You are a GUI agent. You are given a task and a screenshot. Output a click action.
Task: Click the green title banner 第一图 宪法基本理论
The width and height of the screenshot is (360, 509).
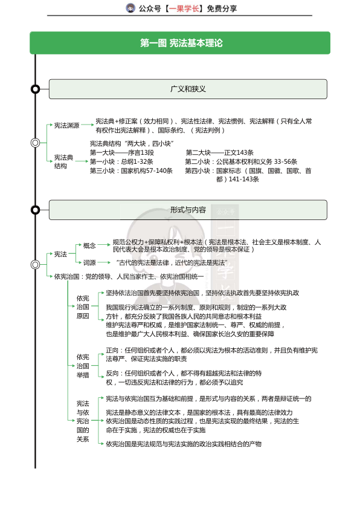pyautogui.click(x=180, y=43)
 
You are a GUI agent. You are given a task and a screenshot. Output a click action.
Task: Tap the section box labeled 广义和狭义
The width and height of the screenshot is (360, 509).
pyautogui.click(x=188, y=89)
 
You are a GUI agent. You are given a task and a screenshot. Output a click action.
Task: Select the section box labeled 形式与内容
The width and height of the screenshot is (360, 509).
pyautogui.click(x=188, y=210)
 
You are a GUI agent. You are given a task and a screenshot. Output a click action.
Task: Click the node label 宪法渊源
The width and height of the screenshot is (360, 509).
pyautogui.click(x=66, y=125)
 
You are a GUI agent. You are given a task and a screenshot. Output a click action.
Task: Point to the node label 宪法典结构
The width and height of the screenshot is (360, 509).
pyautogui.click(x=63, y=161)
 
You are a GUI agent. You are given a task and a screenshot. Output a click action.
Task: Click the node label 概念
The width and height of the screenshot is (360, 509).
pyautogui.click(x=89, y=245)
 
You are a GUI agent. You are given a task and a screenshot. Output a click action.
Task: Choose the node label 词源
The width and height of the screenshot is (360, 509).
pyautogui.click(x=89, y=263)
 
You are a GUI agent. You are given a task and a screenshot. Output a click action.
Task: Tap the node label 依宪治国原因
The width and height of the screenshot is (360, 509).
pyautogui.click(x=83, y=307)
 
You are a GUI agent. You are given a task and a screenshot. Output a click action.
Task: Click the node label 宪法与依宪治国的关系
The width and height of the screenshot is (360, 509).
pyautogui.click(x=83, y=421)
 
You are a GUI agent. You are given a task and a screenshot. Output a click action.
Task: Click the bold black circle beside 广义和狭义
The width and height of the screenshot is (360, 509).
pyautogui.click(x=36, y=89)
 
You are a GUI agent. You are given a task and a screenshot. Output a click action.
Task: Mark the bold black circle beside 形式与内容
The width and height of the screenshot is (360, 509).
pyautogui.click(x=36, y=210)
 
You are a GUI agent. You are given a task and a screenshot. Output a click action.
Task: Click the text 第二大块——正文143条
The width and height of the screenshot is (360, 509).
pyautogui.click(x=219, y=152)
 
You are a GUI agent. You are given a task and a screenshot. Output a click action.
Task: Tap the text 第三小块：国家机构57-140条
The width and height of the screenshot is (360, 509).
pyautogui.click(x=131, y=170)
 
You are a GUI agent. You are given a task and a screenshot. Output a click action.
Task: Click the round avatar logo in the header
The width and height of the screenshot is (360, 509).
pyautogui.click(x=130, y=8)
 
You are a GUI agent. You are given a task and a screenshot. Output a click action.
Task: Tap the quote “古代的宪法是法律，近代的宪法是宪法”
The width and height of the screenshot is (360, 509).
pyautogui.click(x=170, y=263)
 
